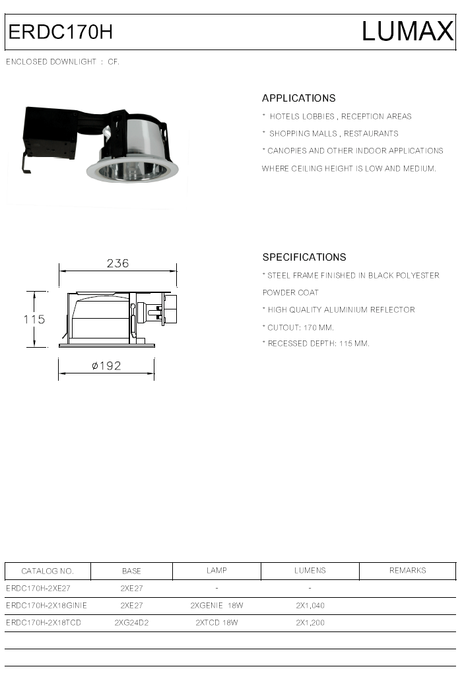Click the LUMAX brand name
point(407,32)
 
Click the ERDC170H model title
point(61,32)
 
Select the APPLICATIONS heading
point(299,98)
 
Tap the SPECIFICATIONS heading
point(304,257)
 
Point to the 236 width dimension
point(117,263)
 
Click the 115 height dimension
point(34,319)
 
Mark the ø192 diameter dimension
point(106,366)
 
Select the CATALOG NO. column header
point(48,571)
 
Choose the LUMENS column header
point(310,571)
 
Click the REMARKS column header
point(407,571)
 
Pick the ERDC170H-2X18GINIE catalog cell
point(46,605)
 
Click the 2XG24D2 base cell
point(131,622)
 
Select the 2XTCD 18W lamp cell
point(216,622)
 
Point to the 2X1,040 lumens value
point(310,605)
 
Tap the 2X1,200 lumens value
point(310,622)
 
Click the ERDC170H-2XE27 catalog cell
point(38,587)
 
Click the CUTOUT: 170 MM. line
point(301,327)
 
